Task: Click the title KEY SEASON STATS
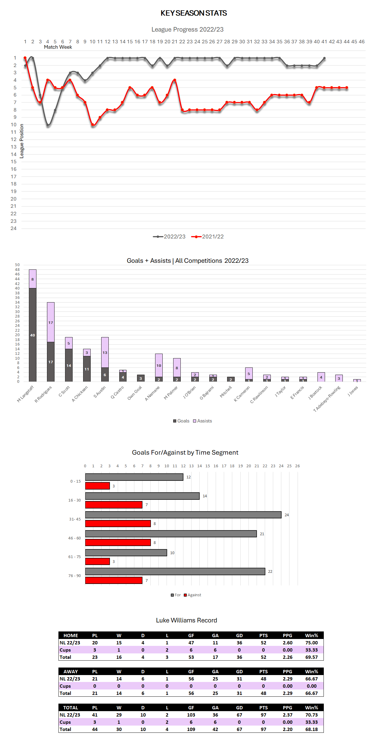click(x=194, y=13)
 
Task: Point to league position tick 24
click(x=14, y=229)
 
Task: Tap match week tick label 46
click(x=361, y=42)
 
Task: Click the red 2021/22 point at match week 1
click(x=25, y=58)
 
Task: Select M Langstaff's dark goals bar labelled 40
click(x=33, y=335)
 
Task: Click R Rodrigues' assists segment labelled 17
click(x=51, y=322)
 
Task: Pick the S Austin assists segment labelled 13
click(x=105, y=352)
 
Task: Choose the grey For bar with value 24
click(x=183, y=515)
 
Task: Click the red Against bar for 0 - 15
click(x=97, y=486)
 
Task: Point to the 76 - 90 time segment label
click(x=74, y=576)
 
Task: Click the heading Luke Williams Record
click(x=186, y=620)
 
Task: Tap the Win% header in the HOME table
click(x=311, y=635)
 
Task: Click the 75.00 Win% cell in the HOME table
click(x=311, y=643)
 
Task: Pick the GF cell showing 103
click(x=191, y=715)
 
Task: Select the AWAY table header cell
click(x=70, y=671)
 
